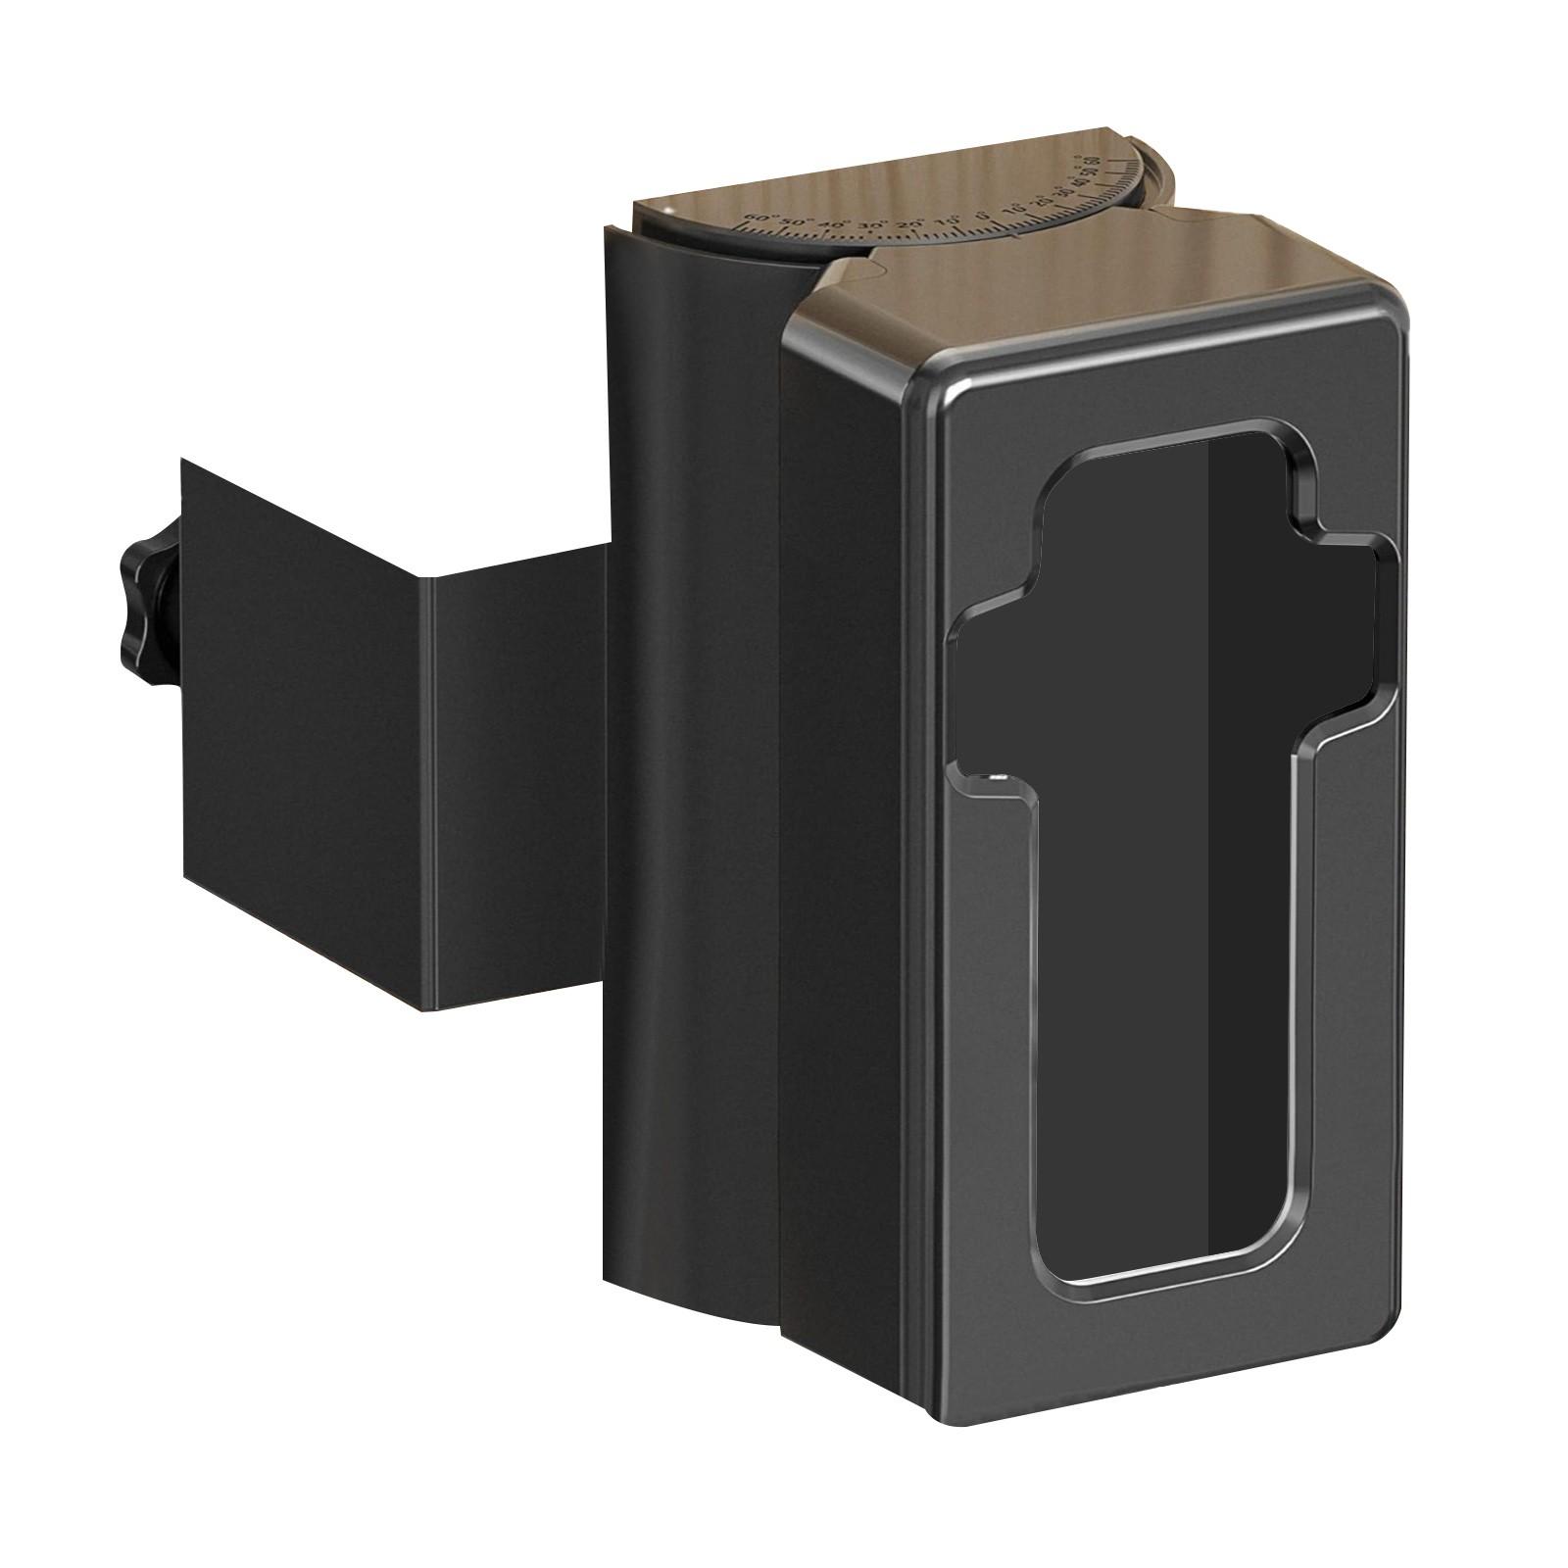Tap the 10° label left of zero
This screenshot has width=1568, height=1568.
coord(948,221)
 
